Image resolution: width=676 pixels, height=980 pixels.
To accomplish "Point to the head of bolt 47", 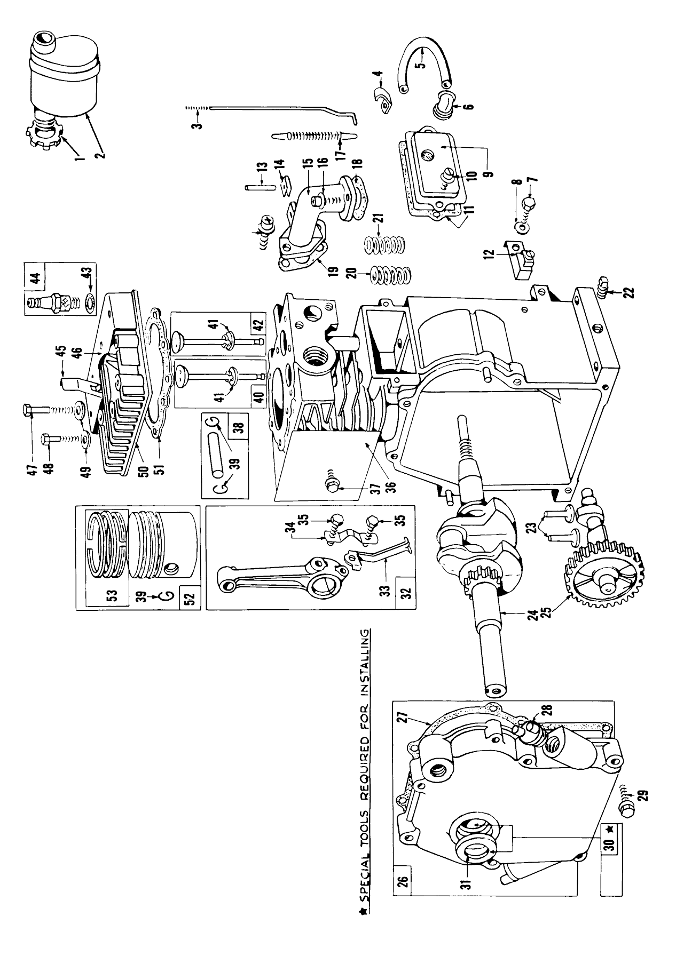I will pos(29,410).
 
